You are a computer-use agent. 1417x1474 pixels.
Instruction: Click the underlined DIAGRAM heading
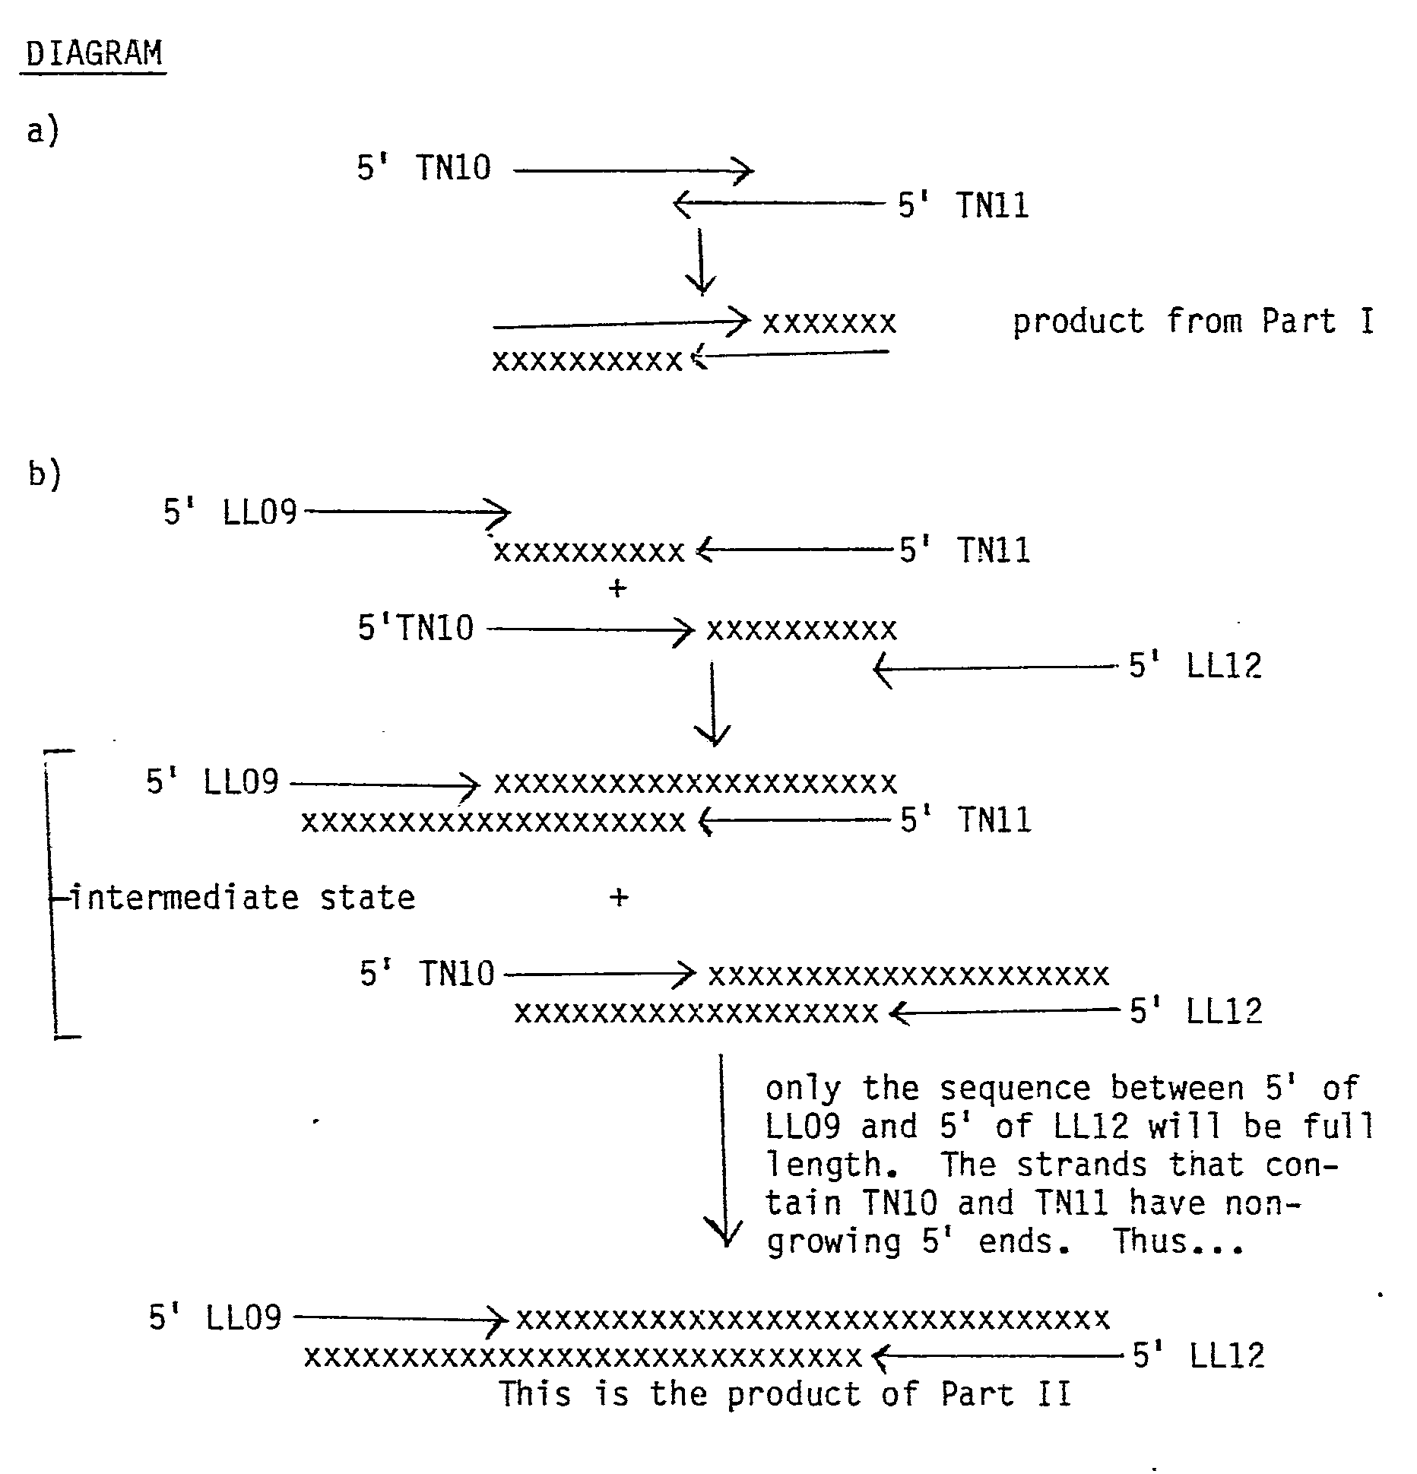click(x=94, y=53)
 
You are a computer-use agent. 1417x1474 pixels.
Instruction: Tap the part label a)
click(x=43, y=131)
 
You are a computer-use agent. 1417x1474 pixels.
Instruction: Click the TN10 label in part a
click(x=453, y=168)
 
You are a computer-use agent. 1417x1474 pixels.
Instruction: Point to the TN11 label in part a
click(x=992, y=206)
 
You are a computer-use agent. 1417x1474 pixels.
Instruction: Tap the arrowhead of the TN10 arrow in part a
click(x=743, y=171)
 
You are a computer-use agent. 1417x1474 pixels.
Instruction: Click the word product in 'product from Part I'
click(x=1078, y=322)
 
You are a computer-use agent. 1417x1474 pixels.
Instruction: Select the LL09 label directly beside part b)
click(x=259, y=513)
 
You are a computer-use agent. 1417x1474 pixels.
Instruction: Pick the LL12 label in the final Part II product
click(x=1226, y=1355)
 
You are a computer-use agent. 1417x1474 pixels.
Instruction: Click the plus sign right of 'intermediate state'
click(x=619, y=898)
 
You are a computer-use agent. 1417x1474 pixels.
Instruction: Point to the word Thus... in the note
click(x=1179, y=1242)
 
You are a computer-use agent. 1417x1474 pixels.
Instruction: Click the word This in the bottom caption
click(x=534, y=1394)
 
